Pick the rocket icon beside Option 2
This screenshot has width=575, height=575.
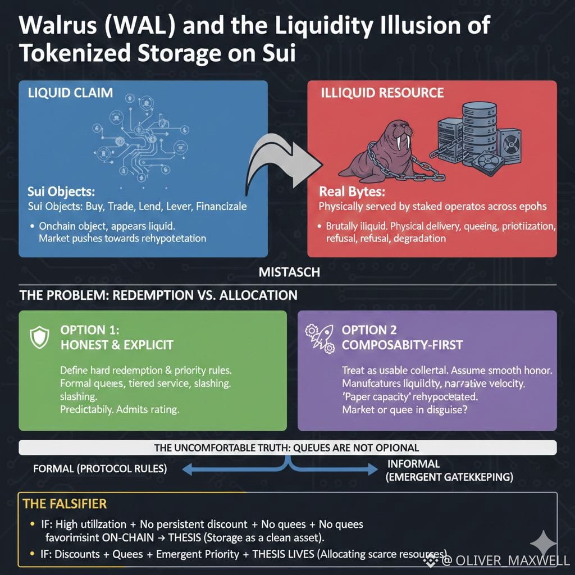(318, 336)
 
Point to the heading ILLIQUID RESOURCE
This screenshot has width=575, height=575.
(382, 93)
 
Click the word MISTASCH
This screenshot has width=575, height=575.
(289, 272)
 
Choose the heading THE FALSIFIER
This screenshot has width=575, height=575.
(65, 504)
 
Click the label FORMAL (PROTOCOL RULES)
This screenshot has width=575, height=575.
(100, 468)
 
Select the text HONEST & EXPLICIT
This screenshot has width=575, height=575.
(117, 344)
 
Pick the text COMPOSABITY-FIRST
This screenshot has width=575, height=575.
(403, 344)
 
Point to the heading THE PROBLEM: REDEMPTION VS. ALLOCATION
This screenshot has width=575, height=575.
(158, 295)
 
